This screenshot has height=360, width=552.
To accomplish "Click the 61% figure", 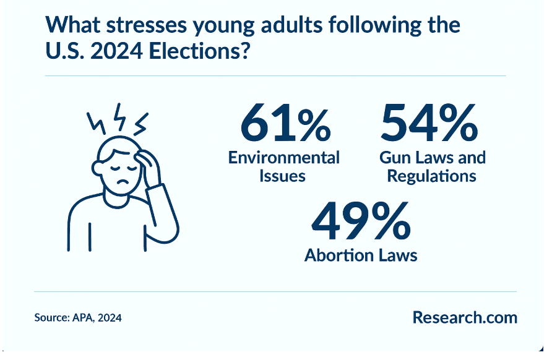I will pos(285,124).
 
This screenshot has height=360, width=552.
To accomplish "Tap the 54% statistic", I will pos(428,124).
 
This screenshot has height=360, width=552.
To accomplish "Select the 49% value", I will pos(361,225).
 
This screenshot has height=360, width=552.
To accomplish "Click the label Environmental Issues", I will pos(284,166).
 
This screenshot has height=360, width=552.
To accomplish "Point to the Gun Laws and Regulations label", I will pos(432,166).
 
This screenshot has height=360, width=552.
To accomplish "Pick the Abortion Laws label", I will pos(361,255).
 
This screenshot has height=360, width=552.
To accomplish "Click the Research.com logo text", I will pos(464,318).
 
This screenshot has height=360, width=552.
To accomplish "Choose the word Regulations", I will pos(431,176).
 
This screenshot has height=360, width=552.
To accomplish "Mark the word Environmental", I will pos(284,157).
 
